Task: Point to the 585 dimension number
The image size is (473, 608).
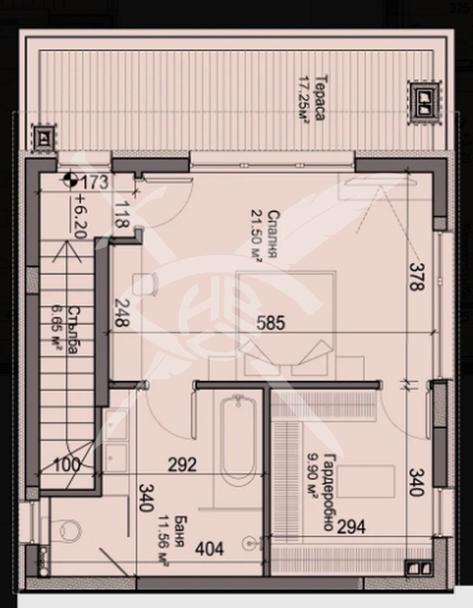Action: pyautogui.click(x=271, y=323)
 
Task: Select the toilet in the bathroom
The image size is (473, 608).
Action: pyautogui.click(x=69, y=530)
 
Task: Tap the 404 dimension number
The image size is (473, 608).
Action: pyautogui.click(x=209, y=548)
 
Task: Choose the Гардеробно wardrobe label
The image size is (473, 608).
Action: pyautogui.click(x=331, y=491)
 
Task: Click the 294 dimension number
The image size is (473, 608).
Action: pyautogui.click(x=351, y=527)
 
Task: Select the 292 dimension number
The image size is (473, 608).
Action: pyautogui.click(x=183, y=465)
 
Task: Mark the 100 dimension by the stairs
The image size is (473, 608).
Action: pyautogui.click(x=67, y=465)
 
